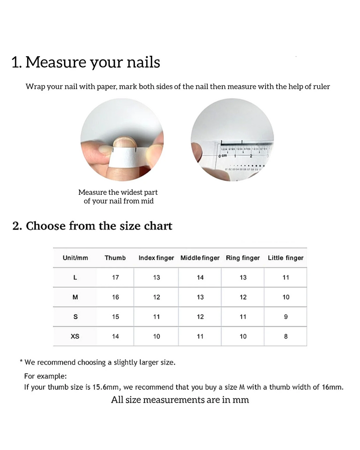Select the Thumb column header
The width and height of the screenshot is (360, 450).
115,258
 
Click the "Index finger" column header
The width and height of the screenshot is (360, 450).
156,258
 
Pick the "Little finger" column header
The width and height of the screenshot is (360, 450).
286,258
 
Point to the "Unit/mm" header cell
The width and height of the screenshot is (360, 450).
76,258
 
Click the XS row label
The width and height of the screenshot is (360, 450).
75,336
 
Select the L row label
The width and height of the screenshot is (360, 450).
75,277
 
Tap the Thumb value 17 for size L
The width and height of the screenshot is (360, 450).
116,277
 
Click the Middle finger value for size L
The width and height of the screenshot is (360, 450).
200,277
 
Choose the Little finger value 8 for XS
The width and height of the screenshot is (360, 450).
286,336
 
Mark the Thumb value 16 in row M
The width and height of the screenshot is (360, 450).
116,297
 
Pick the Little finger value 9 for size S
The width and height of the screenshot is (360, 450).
286,317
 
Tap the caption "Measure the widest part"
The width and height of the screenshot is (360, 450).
118,193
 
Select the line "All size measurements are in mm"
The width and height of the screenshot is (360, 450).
180,400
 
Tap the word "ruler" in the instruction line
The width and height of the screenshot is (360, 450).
320,86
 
